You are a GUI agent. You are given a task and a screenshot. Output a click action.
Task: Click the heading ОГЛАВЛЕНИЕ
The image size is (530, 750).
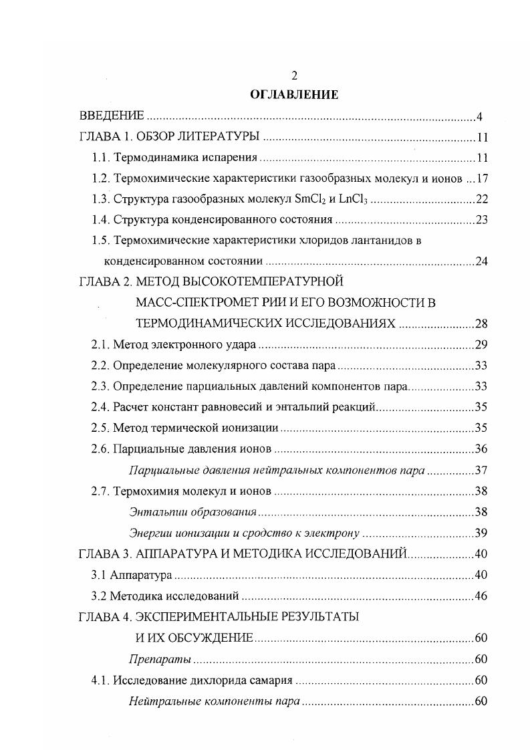(294, 95)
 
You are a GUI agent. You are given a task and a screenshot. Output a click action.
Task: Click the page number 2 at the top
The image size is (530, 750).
(294, 75)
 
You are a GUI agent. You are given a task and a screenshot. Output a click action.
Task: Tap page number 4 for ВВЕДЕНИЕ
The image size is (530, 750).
(480, 118)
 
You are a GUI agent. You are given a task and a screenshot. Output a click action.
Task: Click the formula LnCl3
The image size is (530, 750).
(354, 200)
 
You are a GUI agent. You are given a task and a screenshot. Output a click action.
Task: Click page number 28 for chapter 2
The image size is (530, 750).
(482, 324)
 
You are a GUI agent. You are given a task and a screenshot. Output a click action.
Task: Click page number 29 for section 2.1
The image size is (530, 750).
(482, 345)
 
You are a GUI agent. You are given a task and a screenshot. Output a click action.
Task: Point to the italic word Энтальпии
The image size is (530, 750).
(157, 512)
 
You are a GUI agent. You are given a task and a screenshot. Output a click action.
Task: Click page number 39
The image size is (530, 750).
(482, 533)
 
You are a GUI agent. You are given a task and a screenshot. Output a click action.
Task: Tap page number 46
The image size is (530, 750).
(482, 596)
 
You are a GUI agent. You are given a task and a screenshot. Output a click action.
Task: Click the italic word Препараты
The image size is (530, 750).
(160, 659)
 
